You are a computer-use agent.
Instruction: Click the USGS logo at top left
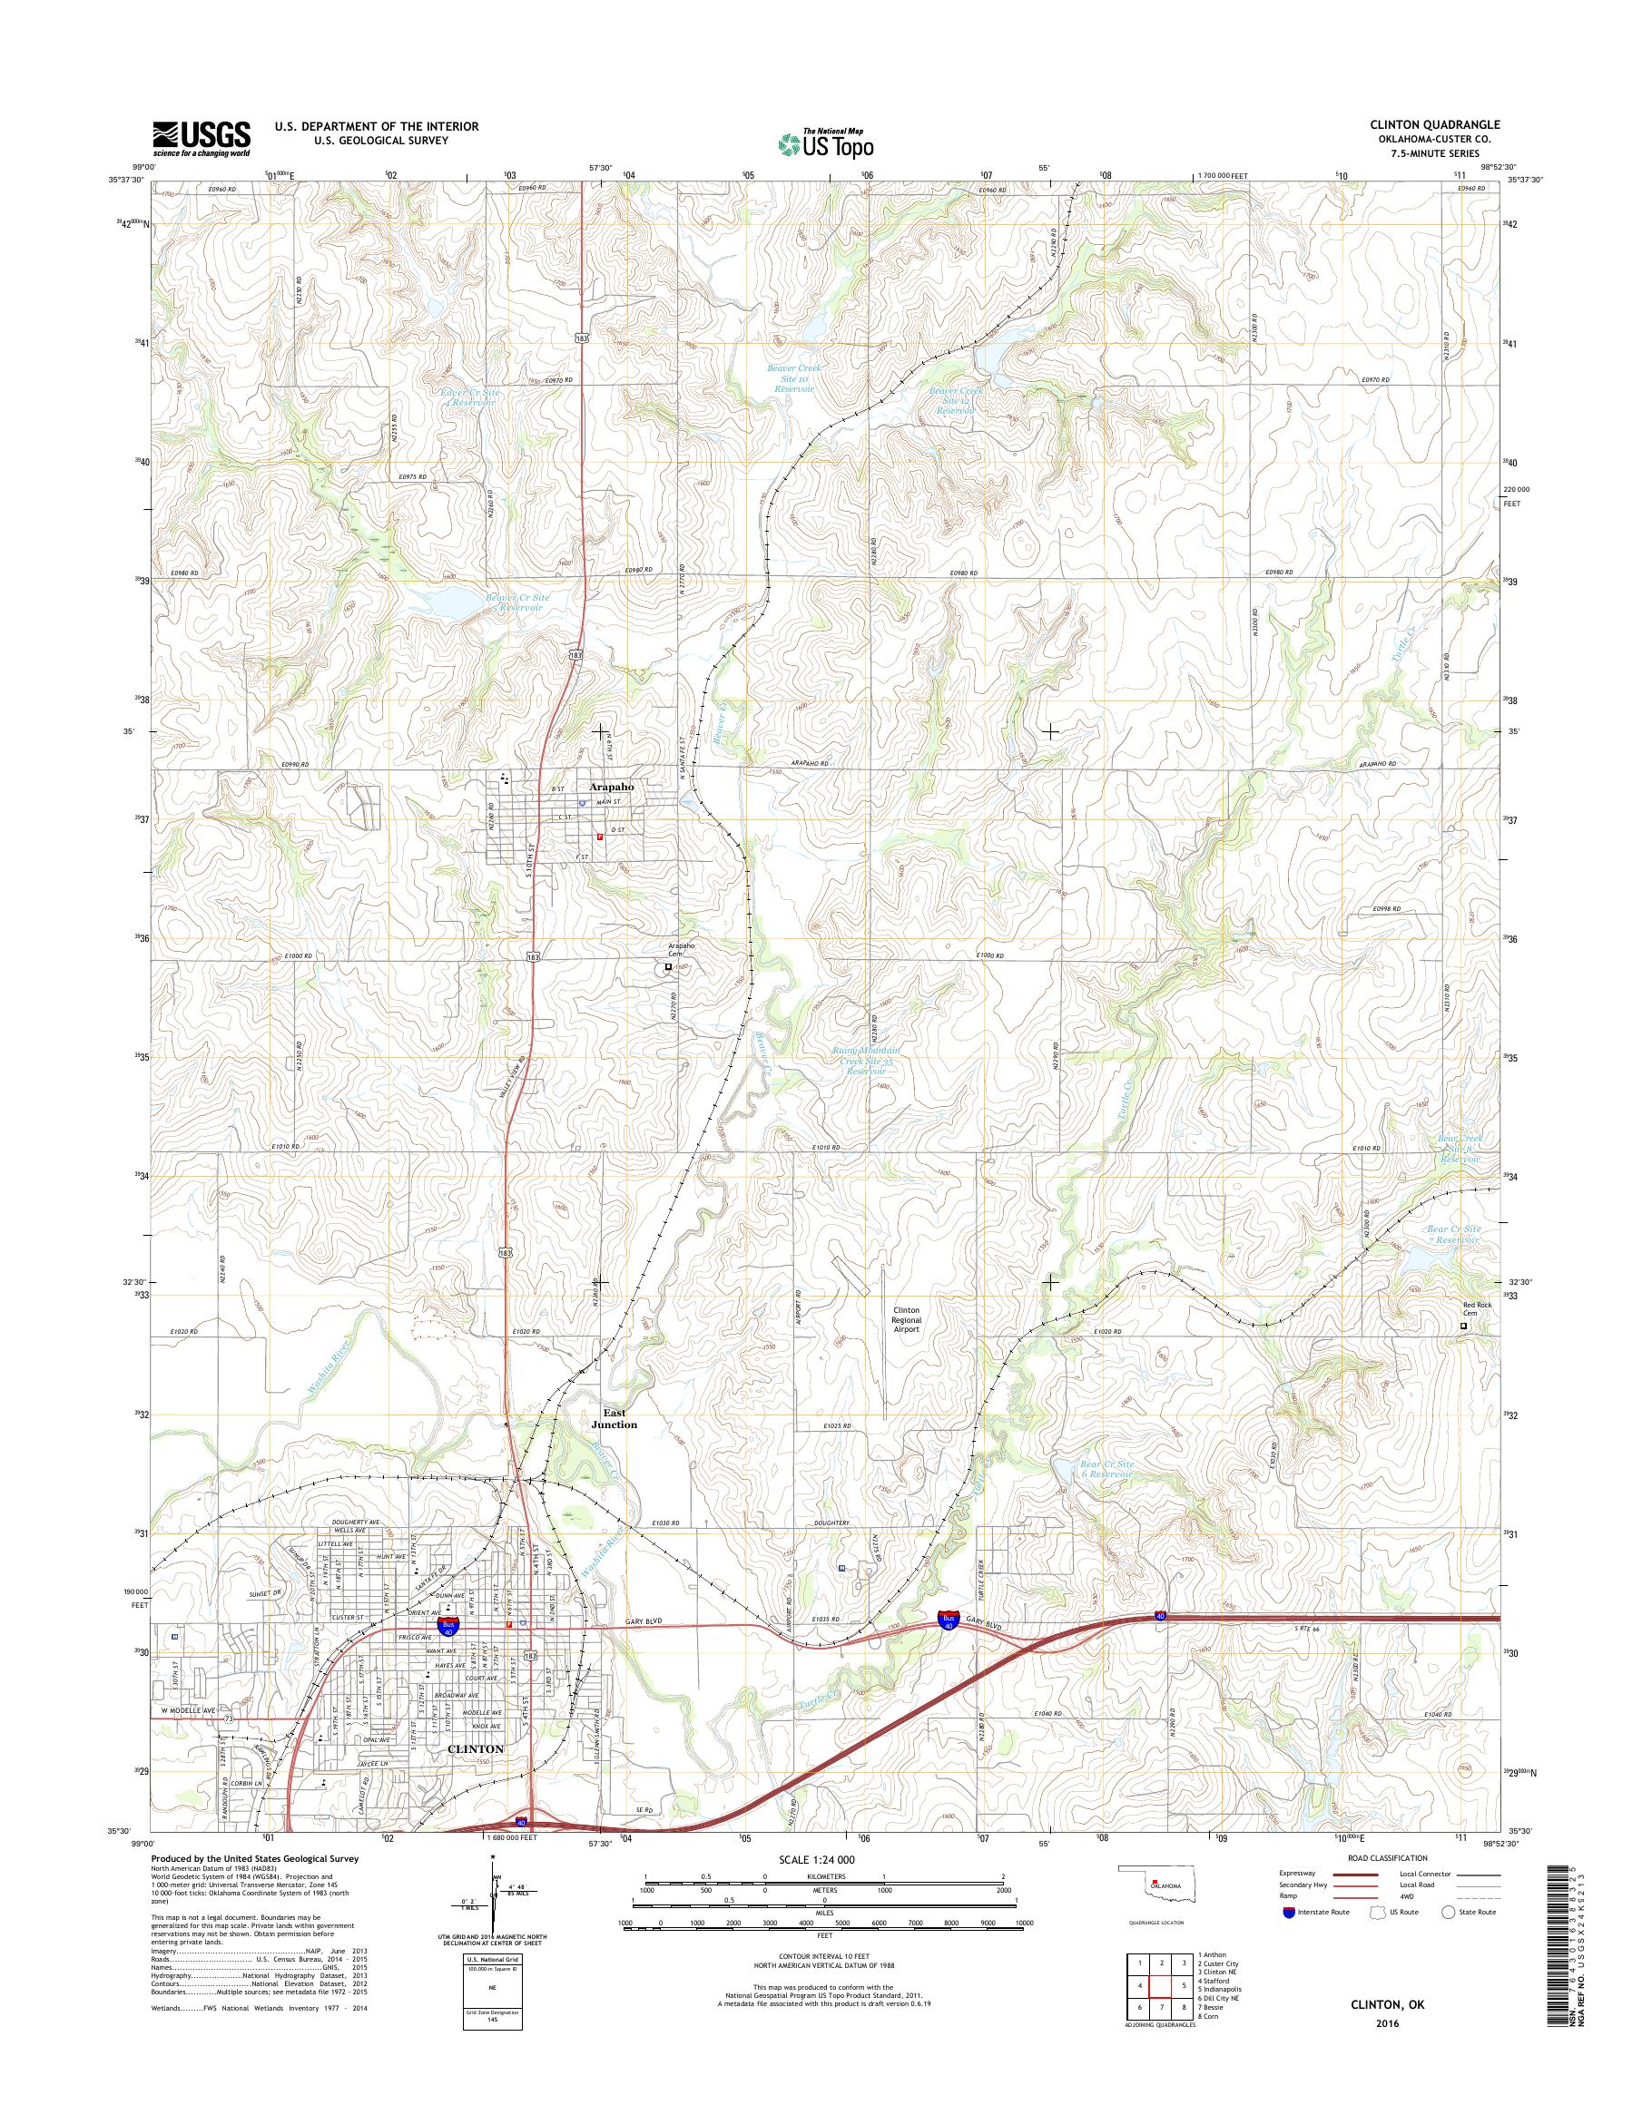tap(202, 139)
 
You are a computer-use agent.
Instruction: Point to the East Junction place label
tap(615, 1418)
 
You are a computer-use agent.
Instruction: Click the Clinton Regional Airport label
tap(906, 1320)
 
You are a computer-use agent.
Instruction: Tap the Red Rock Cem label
tap(1476, 1309)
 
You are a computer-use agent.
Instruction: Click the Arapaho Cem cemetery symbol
tap(667, 965)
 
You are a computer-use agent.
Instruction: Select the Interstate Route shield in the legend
tap(1287, 1912)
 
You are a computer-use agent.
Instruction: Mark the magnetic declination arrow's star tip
tap(492, 1857)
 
